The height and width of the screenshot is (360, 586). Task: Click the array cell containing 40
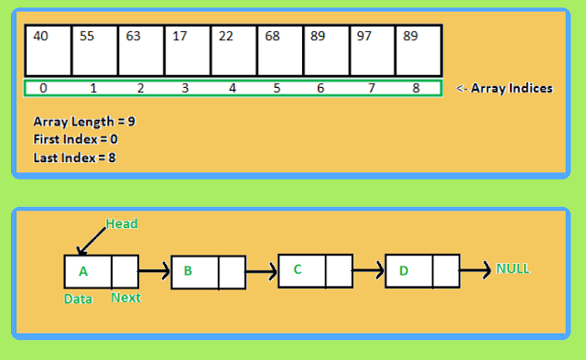pos(48,50)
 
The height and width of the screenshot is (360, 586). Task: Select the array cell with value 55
pos(94,50)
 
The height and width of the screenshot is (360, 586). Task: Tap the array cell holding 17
pos(187,50)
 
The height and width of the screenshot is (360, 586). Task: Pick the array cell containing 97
pos(373,50)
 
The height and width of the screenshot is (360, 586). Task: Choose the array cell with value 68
pos(280,50)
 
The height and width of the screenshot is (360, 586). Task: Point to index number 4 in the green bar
pos(232,89)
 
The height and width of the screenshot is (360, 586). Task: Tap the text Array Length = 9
pos(84,121)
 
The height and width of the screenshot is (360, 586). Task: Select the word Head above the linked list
pos(122,224)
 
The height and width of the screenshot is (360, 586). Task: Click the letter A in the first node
pos(83,271)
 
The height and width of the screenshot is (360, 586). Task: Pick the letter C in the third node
pos(298,270)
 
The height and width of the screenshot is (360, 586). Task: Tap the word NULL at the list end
pos(513,269)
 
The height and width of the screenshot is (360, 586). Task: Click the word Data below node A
pos(77,299)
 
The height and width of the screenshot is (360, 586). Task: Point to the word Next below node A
pos(125,299)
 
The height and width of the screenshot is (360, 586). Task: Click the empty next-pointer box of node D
pos(445,271)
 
